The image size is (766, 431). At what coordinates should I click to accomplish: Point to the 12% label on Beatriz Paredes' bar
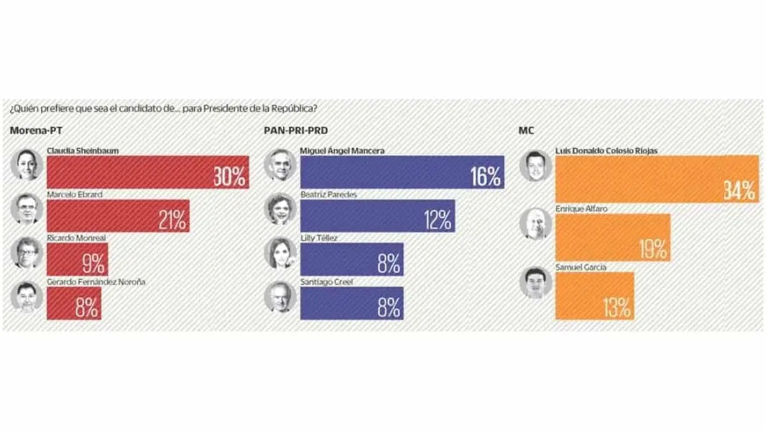click(437, 220)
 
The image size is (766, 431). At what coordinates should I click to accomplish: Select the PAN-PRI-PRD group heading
click(291, 131)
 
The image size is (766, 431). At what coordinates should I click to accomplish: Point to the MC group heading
click(527, 131)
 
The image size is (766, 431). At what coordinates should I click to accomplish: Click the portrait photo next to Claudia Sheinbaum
click(27, 165)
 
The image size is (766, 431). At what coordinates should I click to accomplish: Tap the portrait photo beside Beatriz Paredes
click(281, 209)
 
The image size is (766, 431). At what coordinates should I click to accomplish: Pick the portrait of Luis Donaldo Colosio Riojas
click(535, 166)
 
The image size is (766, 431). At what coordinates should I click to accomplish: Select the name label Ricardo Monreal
click(76, 238)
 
